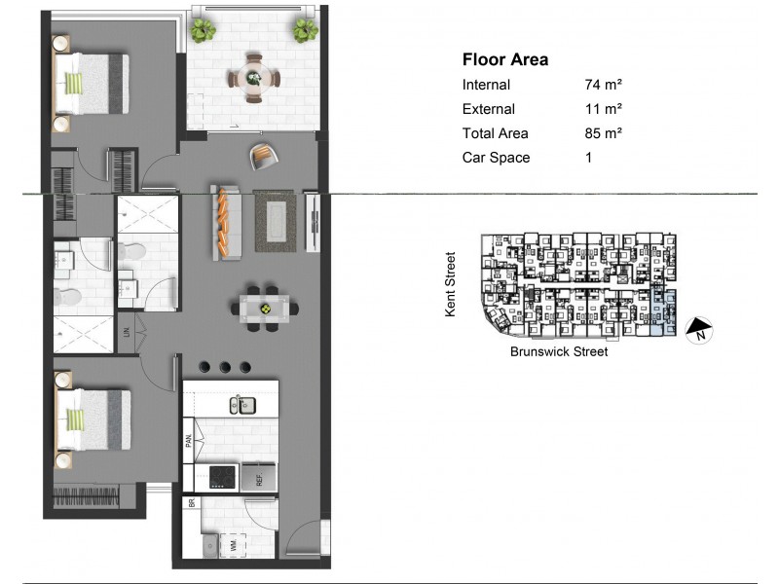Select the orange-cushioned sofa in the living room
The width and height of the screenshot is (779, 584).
225,223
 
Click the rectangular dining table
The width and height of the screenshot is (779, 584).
267,308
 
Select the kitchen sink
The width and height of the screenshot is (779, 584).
240,404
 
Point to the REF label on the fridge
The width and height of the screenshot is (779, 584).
260,477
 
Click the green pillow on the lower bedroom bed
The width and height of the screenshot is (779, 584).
74,418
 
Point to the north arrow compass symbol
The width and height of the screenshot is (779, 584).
700,331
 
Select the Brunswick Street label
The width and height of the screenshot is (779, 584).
558,352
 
